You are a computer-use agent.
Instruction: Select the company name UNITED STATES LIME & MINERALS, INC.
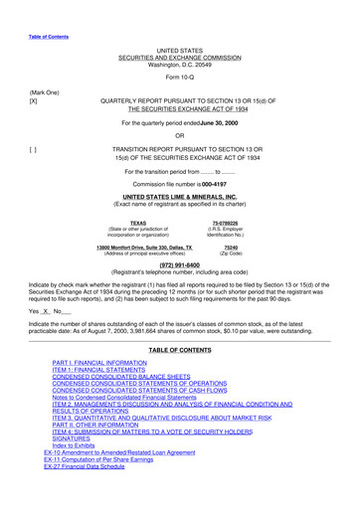(180, 198)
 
